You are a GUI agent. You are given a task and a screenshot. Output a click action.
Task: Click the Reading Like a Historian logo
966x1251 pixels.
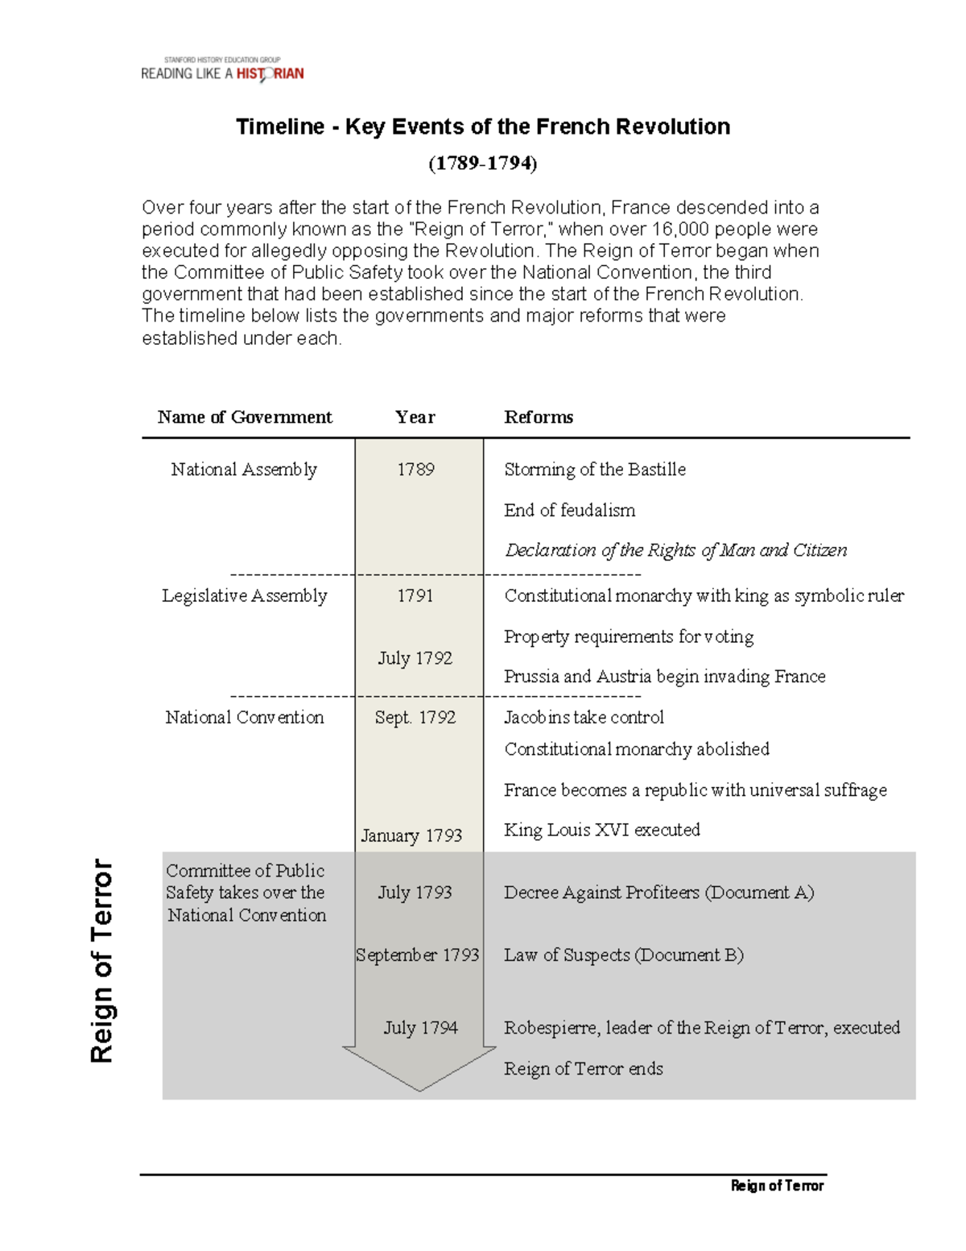[222, 70]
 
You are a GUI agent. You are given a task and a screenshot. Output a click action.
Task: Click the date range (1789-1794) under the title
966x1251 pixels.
[482, 164]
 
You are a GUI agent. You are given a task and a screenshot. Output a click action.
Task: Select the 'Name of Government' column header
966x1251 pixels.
[245, 417]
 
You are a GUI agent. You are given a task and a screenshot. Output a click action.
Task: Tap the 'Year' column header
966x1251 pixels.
[415, 417]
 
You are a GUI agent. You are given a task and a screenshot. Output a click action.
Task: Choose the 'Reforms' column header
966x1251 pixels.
[539, 417]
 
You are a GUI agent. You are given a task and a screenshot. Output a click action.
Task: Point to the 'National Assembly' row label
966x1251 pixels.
[244, 470]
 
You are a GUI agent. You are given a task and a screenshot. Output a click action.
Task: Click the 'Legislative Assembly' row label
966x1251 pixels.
[245, 596]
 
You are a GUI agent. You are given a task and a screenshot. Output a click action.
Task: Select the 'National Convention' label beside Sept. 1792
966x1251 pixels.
[245, 718]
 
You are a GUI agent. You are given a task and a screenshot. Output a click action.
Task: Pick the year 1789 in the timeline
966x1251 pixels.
[415, 470]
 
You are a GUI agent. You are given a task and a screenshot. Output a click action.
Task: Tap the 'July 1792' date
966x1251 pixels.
[415, 658]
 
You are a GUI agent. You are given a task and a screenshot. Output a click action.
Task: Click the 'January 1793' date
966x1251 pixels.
[411, 835]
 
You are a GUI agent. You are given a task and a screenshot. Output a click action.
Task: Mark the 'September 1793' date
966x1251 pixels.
[418, 955]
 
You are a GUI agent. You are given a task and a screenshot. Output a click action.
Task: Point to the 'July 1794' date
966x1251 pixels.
[420, 1028]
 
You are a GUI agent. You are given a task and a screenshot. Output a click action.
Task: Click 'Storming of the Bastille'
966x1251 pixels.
[595, 470]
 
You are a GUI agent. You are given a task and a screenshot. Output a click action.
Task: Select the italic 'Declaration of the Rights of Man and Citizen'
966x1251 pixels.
[675, 550]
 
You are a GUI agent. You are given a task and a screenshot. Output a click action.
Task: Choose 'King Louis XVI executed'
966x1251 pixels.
[601, 830]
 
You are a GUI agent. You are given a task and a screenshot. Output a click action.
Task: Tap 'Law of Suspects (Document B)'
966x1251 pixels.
[623, 955]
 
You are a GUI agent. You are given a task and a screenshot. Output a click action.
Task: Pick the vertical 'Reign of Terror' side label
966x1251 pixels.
[101, 960]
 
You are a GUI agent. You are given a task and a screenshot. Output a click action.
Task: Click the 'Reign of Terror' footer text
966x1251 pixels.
[777, 1185]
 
